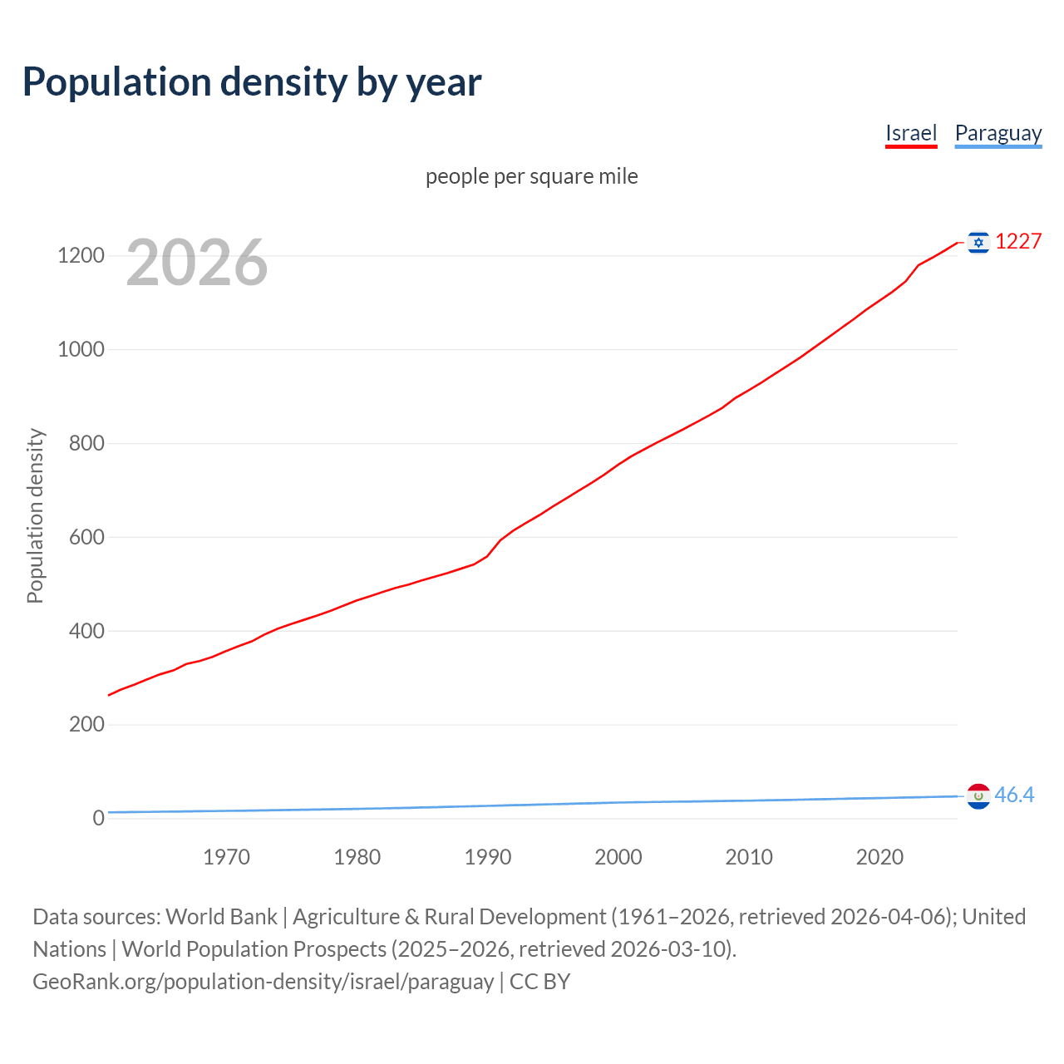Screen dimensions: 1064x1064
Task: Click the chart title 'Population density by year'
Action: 252,82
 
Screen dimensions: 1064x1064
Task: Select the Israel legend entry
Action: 911,133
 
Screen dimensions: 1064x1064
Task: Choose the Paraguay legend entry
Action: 997,133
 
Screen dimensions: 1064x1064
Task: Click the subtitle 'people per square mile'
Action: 532,176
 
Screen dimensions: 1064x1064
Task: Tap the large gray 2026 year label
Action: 197,263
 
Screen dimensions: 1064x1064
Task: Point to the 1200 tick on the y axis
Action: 81,255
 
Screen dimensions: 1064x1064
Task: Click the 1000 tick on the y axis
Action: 81,349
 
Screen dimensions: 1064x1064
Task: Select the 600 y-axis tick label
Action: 86,537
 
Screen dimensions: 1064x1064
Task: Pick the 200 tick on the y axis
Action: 86,724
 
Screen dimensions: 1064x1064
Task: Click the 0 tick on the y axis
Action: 99,818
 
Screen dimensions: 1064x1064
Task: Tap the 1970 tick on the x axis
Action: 226,857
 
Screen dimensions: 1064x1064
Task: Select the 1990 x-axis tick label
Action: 488,857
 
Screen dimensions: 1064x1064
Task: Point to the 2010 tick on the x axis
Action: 749,857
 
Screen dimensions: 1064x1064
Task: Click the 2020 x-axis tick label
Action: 879,857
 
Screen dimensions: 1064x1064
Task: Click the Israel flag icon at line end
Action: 978,242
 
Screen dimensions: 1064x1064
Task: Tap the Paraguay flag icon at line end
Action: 978,796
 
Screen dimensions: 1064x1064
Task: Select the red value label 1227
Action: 1018,242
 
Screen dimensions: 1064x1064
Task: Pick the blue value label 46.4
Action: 1014,796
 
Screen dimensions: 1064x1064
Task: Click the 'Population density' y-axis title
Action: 35,515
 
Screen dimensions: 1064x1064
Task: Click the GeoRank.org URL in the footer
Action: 264,982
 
